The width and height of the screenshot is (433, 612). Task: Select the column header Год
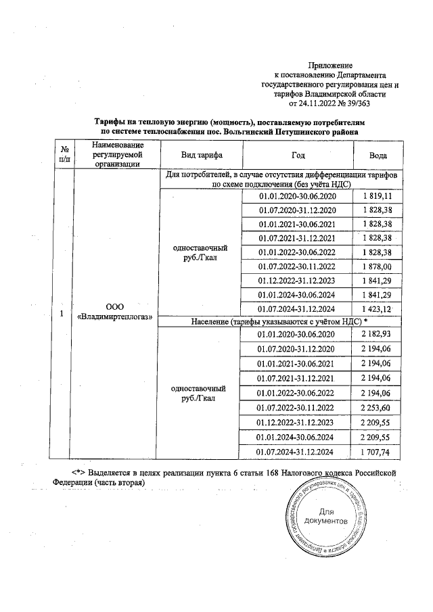[298, 155]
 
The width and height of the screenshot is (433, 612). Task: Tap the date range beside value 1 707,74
[298, 451]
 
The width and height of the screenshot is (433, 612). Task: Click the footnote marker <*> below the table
[78, 470]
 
